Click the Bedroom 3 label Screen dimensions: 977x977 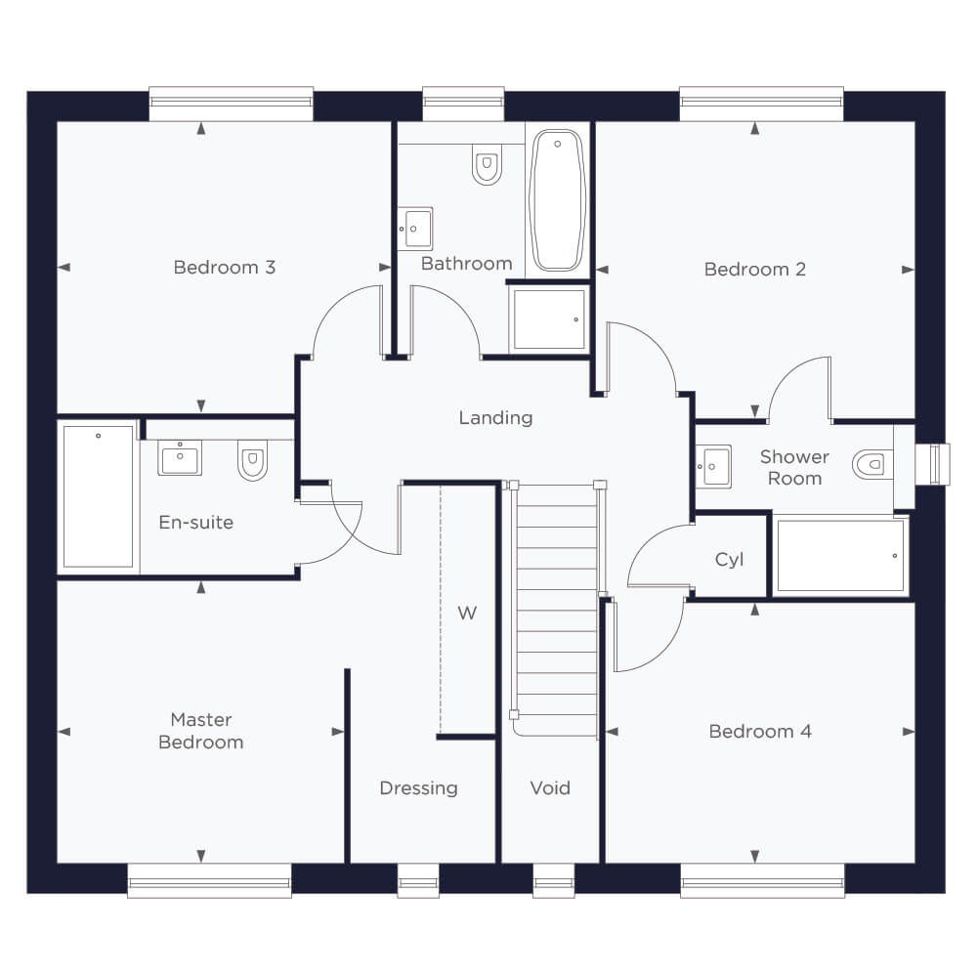point(225,268)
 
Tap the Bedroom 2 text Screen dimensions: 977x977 point(754,270)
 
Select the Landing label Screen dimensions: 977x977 point(495,417)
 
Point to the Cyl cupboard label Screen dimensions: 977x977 point(729,560)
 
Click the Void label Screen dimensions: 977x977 point(550,787)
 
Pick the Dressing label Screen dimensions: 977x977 point(418,788)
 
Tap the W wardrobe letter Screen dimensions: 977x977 point(467,614)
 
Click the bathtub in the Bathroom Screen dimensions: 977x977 point(557,200)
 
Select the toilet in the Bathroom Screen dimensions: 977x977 point(487,164)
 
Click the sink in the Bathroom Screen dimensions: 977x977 point(415,229)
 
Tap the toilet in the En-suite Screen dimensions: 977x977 point(252,460)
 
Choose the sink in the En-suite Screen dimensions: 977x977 point(180,458)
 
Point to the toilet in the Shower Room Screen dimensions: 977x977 point(872,464)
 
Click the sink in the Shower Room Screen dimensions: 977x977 point(713,466)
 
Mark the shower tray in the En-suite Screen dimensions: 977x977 point(99,496)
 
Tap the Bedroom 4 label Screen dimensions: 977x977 point(760,731)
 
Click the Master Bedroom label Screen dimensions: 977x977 point(200,731)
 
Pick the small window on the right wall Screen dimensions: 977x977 point(938,463)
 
